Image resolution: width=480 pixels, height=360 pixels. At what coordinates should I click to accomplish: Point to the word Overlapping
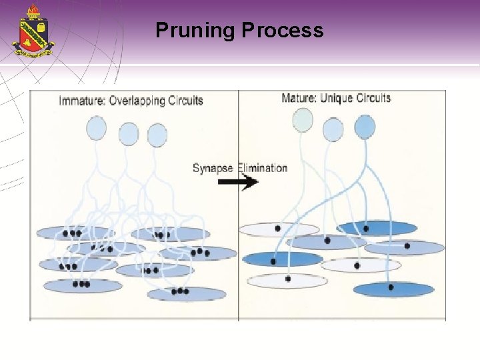[138, 101]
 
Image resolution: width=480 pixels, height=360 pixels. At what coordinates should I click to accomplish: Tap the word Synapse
[213, 168]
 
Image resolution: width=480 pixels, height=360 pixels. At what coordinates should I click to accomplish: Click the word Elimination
[262, 168]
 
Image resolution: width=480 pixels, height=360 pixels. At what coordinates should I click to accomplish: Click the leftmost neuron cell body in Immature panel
[97, 128]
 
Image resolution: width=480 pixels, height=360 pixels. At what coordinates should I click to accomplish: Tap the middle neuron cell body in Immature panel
[129, 134]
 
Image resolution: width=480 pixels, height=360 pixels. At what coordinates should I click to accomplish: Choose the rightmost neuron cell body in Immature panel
[157, 135]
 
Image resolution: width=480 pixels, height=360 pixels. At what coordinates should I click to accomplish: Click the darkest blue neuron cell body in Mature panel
[365, 126]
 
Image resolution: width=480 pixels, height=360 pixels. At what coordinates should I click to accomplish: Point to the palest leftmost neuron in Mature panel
[302, 121]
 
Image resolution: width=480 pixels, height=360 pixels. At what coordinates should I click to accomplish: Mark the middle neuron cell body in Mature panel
[333, 129]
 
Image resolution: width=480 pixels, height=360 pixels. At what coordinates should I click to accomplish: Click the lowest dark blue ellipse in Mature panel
[393, 289]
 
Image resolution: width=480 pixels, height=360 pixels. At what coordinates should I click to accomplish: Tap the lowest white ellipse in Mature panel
[287, 281]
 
